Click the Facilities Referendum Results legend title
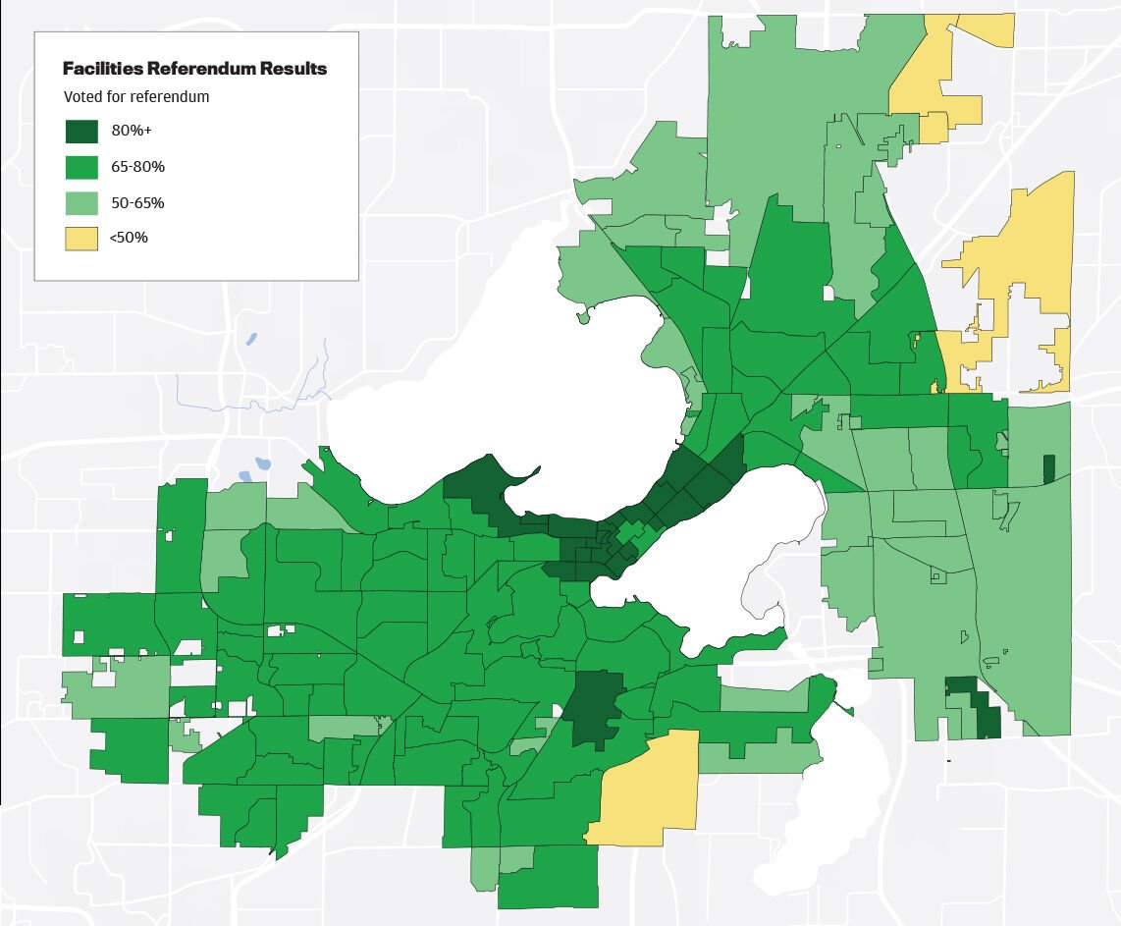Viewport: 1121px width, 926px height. (x=194, y=69)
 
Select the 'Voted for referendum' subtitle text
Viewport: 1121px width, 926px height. (x=136, y=97)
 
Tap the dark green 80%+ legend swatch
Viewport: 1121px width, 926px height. (x=81, y=132)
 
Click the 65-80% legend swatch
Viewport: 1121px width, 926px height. (x=81, y=167)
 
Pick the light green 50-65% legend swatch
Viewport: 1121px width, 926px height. (x=81, y=203)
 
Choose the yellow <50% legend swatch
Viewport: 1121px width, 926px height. (x=81, y=238)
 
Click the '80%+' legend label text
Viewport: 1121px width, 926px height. (x=131, y=132)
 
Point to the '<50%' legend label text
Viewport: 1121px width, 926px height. (x=130, y=238)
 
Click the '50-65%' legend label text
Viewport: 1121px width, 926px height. (x=137, y=203)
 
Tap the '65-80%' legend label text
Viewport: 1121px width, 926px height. (x=137, y=167)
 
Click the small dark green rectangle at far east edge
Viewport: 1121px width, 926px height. (x=1048, y=468)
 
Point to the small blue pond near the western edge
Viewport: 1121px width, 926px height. (x=262, y=463)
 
